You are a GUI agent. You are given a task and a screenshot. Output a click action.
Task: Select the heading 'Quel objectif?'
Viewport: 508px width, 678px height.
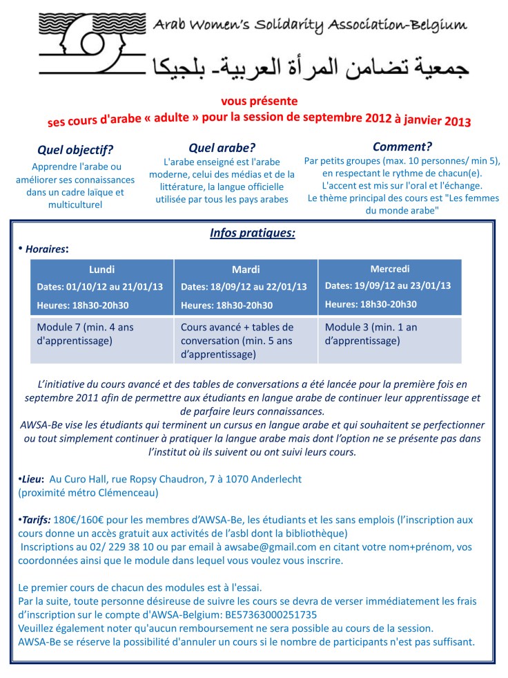pos(75,149)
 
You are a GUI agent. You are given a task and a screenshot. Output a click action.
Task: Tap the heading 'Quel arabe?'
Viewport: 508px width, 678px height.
pos(222,147)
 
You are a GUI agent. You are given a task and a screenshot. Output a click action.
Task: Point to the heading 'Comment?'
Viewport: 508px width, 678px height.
pos(402,146)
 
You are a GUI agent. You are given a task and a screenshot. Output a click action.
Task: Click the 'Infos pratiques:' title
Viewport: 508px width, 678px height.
pos(252,233)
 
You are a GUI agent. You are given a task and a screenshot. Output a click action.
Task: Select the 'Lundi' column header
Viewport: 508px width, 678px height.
pos(101,269)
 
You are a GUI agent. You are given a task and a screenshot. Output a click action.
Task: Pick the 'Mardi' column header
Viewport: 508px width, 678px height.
pos(245,270)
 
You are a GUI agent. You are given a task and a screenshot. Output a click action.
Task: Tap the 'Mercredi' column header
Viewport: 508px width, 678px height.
pos(390,268)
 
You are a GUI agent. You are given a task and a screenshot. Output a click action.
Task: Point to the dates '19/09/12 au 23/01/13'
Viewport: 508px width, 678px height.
pos(407,285)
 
